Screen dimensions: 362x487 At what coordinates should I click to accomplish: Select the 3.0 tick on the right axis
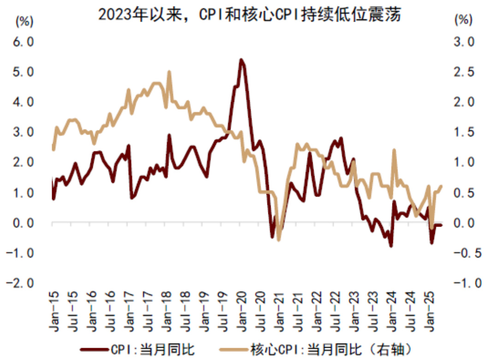464,42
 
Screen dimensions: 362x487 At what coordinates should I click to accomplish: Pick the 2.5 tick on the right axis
464,72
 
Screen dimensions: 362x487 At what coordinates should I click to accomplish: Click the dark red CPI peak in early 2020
241,59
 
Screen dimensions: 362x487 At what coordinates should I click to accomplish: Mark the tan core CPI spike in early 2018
169,72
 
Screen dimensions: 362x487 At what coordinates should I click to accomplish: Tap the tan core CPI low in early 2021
279,239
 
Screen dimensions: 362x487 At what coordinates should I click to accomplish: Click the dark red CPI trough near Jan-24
391,246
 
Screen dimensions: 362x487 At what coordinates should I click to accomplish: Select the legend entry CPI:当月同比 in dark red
153,350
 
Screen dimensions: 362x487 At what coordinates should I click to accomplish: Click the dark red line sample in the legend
94,350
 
